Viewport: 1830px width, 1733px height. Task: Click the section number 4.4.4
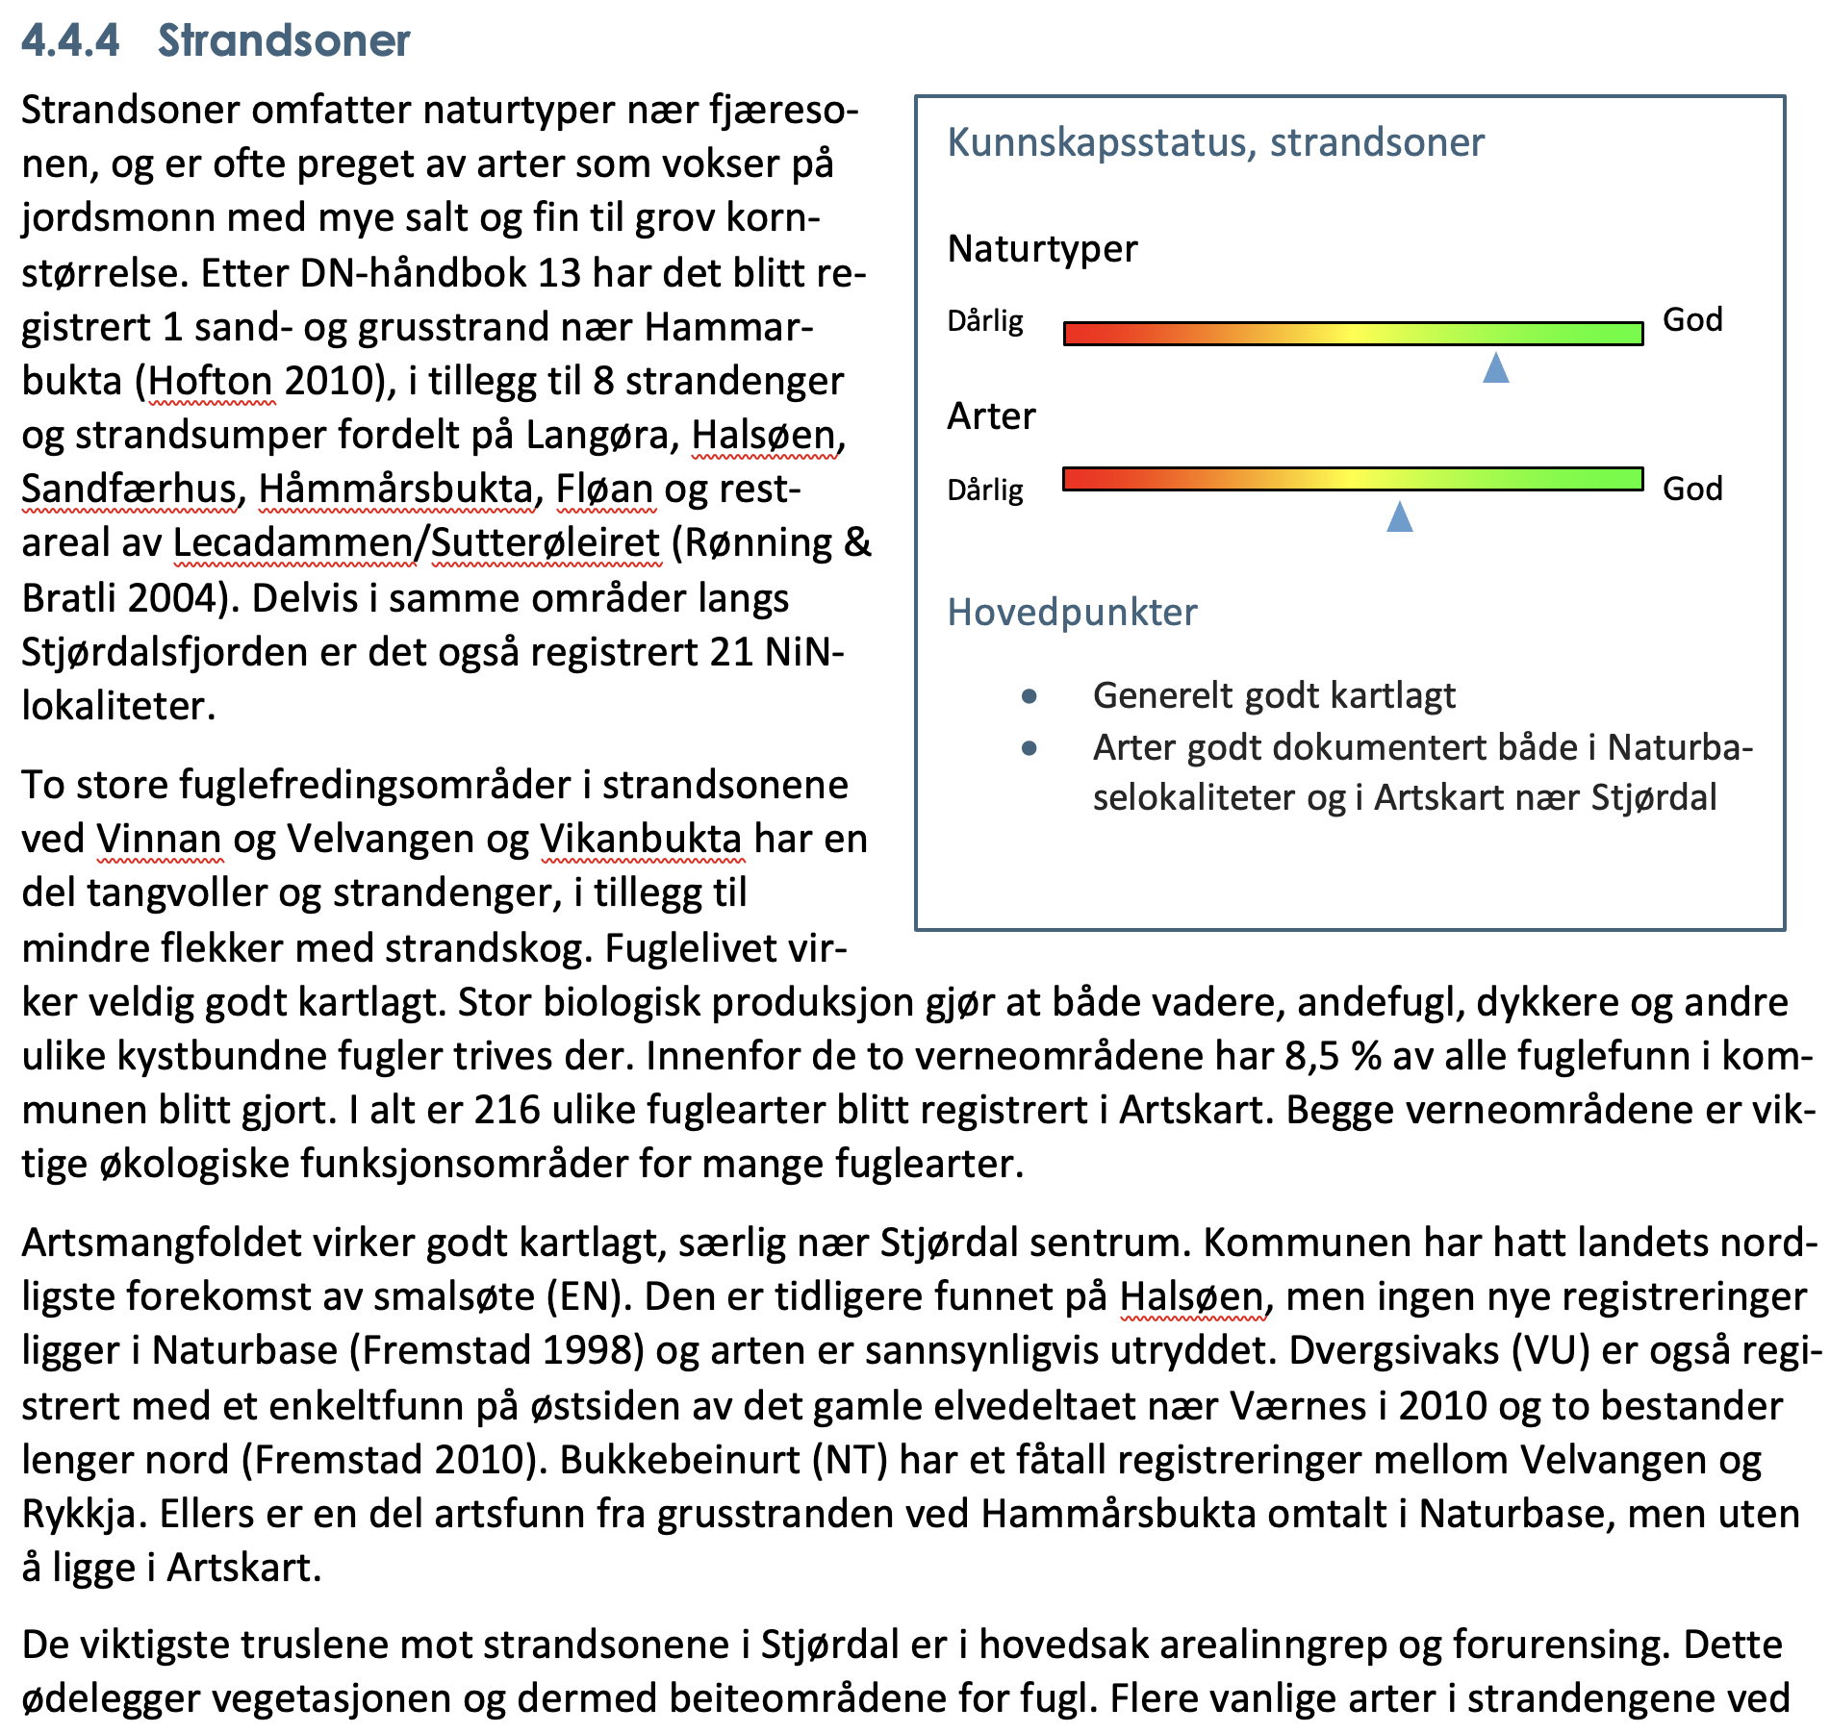pyautogui.click(x=70, y=41)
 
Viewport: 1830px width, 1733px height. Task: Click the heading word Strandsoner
pyautogui.click(x=284, y=41)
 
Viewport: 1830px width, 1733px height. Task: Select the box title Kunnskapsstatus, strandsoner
pyautogui.click(x=1215, y=142)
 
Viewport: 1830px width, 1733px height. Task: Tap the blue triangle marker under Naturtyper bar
pyautogui.click(x=1495, y=367)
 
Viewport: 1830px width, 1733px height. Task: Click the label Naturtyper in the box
pyautogui.click(x=1042, y=248)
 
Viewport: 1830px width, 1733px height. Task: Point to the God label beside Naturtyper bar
pyautogui.click(x=1692, y=319)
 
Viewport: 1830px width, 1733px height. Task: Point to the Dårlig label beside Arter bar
pyautogui.click(x=985, y=490)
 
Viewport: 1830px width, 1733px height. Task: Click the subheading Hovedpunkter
pyautogui.click(x=1072, y=612)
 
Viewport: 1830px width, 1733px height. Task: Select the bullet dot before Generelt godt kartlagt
pyautogui.click(x=1029, y=695)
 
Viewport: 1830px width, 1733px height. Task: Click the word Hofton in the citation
pyautogui.click(x=211, y=381)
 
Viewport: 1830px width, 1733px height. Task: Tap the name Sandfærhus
pyautogui.click(x=129, y=489)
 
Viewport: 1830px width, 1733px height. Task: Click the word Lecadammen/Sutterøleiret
pyautogui.click(x=417, y=543)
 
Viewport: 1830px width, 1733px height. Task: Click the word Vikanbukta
pyautogui.click(x=641, y=839)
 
